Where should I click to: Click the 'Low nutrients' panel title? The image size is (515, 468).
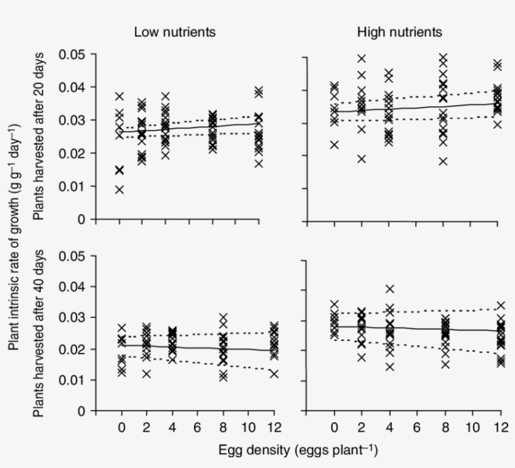click(x=175, y=33)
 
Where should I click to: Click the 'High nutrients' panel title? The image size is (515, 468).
click(x=399, y=32)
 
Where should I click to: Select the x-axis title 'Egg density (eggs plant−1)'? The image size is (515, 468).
click(x=298, y=450)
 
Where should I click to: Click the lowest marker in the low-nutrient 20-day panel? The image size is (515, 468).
click(x=119, y=190)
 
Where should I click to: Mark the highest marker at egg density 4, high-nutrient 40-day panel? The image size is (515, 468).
click(x=389, y=289)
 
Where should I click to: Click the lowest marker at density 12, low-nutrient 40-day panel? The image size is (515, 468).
click(x=274, y=374)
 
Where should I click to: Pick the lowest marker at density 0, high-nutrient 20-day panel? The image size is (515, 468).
click(x=334, y=144)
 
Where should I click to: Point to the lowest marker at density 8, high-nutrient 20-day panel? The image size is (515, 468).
click(x=444, y=161)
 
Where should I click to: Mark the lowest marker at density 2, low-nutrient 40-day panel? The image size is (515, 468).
click(x=146, y=374)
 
